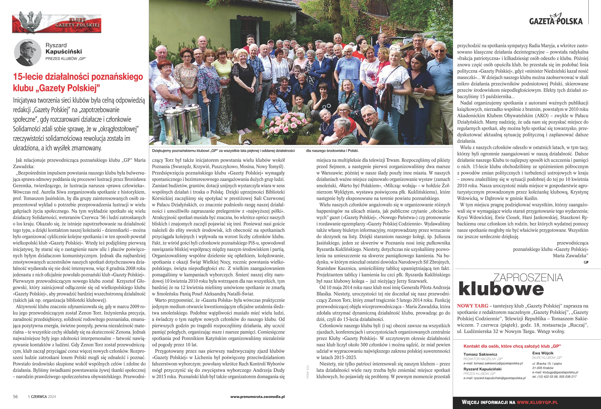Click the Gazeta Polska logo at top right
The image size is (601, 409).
(556, 20)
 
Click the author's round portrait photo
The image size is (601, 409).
(27, 52)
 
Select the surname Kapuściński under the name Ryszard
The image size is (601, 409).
(64, 51)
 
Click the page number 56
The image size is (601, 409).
(15, 396)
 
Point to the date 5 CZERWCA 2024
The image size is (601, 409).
(42, 396)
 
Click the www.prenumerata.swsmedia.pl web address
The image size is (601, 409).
(257, 396)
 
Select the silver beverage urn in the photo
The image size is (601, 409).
(181, 122)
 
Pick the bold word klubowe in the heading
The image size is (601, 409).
(501, 289)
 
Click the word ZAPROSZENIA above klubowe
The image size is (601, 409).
(528, 278)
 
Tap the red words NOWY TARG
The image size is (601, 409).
(472, 306)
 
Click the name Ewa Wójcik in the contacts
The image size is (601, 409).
(543, 353)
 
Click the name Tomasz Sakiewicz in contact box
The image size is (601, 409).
(480, 354)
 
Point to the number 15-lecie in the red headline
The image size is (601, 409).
(28, 77)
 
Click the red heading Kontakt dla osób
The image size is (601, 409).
(512, 346)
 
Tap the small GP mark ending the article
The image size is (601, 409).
(586, 262)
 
